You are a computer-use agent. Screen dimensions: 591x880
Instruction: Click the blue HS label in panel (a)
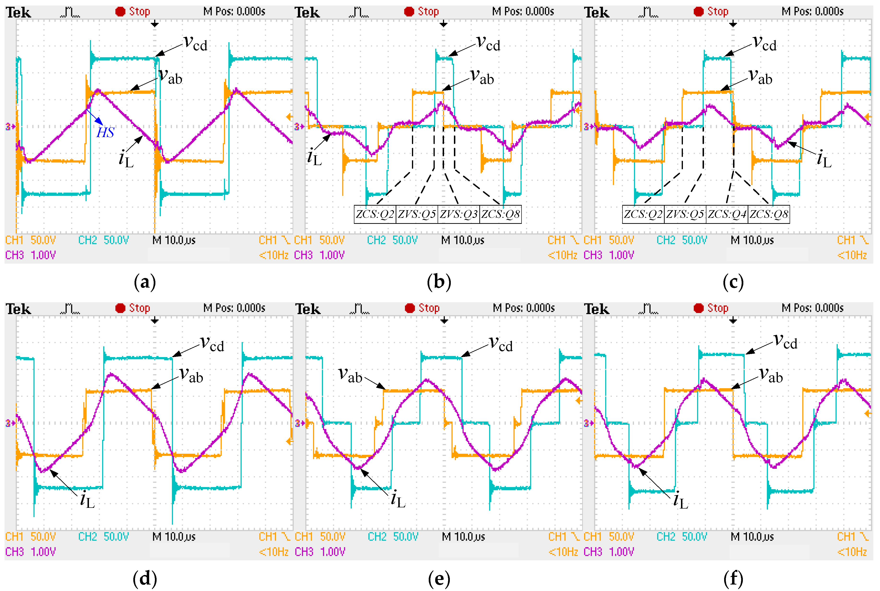click(105, 132)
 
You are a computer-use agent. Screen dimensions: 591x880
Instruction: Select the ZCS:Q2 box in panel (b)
click(375, 214)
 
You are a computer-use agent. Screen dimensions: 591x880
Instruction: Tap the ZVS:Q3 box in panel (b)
click(458, 214)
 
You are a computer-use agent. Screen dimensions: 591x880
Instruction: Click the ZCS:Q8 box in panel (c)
click(769, 214)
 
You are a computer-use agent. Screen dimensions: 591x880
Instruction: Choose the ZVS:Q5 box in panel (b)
click(417, 214)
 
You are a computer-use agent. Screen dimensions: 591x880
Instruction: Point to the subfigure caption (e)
click(439, 579)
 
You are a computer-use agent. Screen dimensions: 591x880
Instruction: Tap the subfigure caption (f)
click(733, 579)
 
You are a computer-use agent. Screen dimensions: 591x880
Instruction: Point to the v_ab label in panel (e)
click(350, 375)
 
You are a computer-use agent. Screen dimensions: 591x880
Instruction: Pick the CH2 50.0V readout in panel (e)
click(393, 537)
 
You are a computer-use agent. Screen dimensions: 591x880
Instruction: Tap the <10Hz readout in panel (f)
click(852, 552)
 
